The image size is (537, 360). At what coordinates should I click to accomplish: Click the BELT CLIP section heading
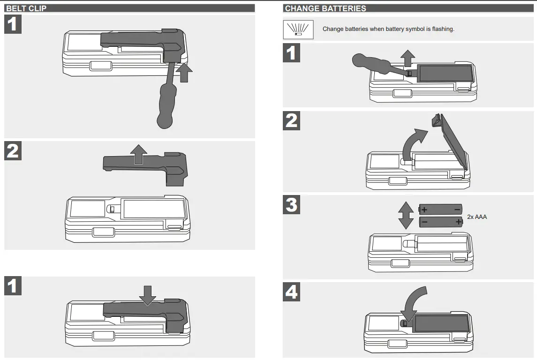pos(26,8)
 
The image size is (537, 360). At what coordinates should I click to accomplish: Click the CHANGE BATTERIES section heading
pos(325,8)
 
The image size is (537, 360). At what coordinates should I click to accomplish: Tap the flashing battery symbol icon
pos(298,29)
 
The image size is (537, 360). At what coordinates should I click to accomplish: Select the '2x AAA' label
pos(477,217)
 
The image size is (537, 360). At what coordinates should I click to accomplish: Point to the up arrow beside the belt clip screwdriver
pos(186,74)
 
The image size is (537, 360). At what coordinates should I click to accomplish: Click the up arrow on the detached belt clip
pos(138,154)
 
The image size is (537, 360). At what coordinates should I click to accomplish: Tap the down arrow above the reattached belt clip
pos(148,294)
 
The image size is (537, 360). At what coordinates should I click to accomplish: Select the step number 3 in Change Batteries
pos(292,205)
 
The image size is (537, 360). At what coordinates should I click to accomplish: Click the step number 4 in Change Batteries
pos(292,293)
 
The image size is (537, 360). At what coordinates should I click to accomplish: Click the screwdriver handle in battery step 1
pos(368,61)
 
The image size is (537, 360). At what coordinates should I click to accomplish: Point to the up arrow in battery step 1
pos(408,58)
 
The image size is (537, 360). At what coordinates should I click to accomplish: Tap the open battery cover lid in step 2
pos(453,141)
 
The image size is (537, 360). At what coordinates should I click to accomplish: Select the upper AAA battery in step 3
pos(440,209)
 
